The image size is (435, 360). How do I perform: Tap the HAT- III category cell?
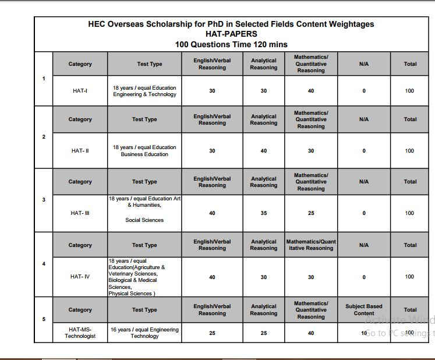[80, 213]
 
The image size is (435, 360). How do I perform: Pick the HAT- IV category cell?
[80, 277]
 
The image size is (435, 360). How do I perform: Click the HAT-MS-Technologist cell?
[80, 333]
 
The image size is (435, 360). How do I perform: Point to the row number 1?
[44, 79]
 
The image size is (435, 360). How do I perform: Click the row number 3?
[44, 200]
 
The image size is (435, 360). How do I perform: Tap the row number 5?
[44, 319]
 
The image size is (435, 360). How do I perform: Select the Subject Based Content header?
[364, 310]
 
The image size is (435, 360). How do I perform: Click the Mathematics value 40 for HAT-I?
[311, 91]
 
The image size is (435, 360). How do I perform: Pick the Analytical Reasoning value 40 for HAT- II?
[264, 151]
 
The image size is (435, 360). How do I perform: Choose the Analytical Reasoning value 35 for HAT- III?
[264, 213]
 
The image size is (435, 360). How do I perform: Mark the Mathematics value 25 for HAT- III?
[311, 213]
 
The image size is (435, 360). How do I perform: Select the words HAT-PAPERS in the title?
[231, 34]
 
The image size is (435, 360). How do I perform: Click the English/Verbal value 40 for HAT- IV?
[212, 277]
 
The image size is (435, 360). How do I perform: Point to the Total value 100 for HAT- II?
[410, 151]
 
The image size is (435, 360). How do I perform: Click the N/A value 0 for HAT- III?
[364, 213]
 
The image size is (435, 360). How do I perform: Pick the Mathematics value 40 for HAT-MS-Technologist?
[311, 333]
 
